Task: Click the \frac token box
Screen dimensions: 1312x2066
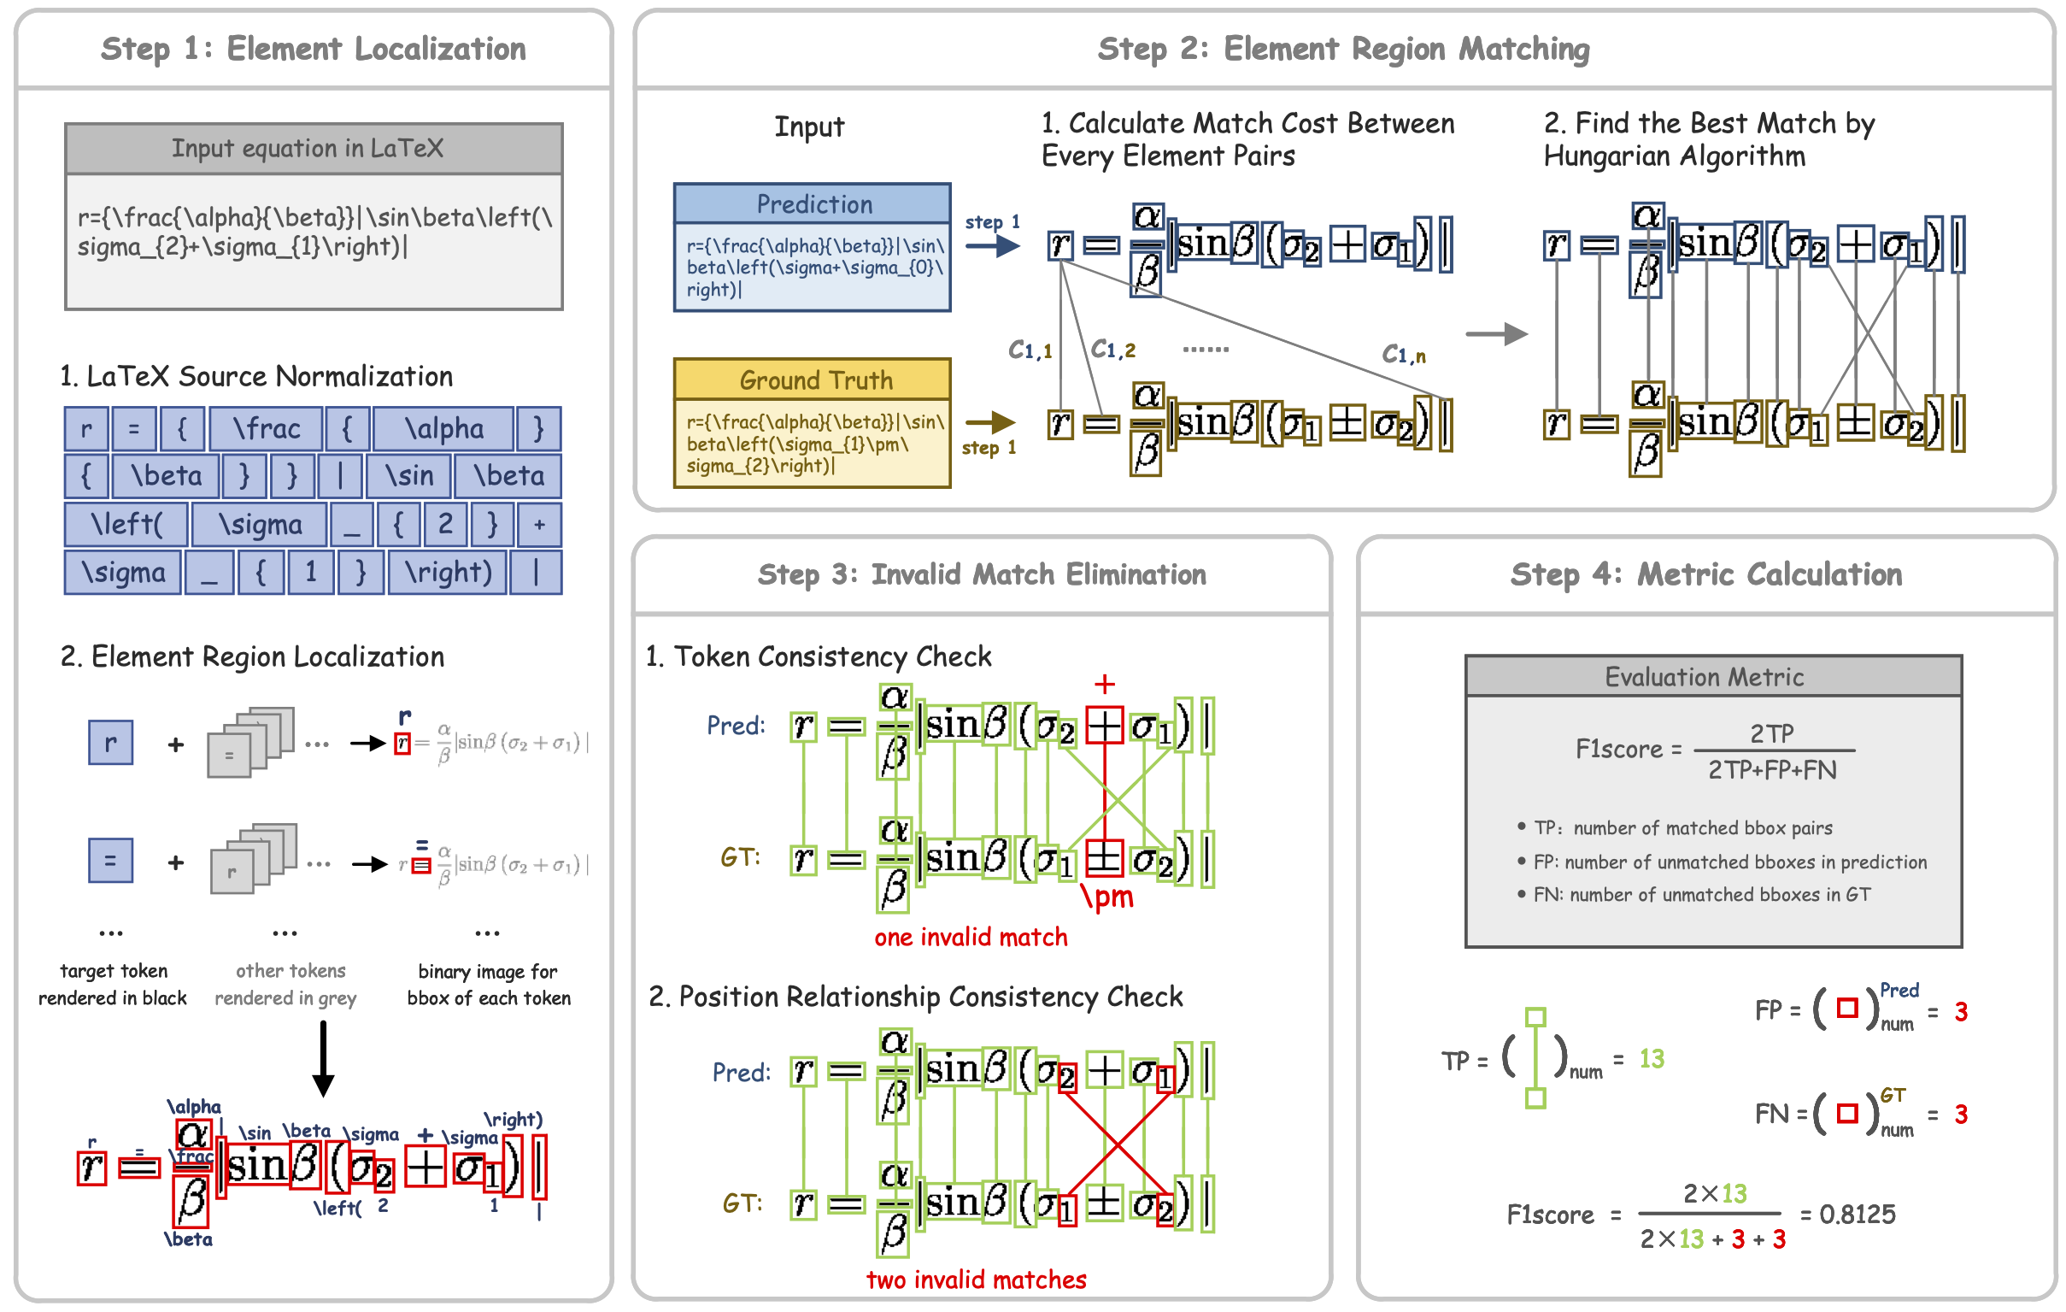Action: point(266,428)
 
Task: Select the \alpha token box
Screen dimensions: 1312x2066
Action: point(443,428)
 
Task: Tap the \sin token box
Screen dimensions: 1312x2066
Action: point(408,475)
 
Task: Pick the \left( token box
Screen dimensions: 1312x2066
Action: point(126,524)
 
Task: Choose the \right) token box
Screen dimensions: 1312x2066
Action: point(448,573)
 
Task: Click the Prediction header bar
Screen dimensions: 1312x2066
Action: point(813,204)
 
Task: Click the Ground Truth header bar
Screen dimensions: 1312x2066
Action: point(813,380)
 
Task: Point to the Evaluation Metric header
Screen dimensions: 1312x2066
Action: point(1712,677)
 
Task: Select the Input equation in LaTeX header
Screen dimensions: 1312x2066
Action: point(314,150)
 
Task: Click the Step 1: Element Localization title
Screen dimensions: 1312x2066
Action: point(314,50)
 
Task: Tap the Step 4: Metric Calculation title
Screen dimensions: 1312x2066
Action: point(1705,575)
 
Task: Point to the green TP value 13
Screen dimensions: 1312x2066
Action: point(1651,1059)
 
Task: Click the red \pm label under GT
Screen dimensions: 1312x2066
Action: point(1106,897)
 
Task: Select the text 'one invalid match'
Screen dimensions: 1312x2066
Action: point(971,937)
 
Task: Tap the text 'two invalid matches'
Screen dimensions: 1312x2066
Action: point(976,1280)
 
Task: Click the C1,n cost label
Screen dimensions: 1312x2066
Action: point(1403,355)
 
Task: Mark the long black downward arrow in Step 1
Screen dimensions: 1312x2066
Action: point(323,1059)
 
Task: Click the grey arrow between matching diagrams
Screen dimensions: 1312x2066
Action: point(1495,334)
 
